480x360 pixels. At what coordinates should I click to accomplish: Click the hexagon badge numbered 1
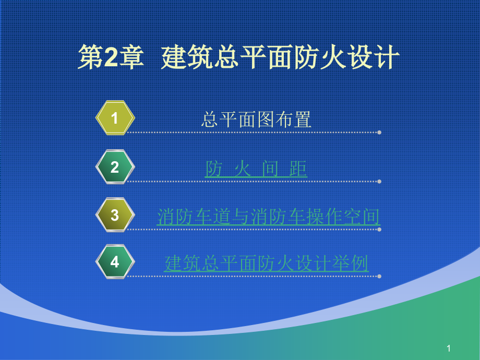point(115,118)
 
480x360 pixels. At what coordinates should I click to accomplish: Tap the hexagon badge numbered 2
point(115,167)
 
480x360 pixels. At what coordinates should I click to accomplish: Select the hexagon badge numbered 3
point(115,215)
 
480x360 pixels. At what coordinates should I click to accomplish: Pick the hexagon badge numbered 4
point(115,261)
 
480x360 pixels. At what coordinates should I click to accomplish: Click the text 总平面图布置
point(256,120)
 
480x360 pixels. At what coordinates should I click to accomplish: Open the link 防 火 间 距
point(256,169)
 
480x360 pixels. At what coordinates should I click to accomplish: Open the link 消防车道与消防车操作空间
point(268,217)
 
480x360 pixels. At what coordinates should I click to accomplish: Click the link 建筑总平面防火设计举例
point(266,263)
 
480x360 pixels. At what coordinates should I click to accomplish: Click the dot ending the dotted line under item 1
point(379,133)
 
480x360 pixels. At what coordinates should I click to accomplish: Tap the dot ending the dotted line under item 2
point(379,181)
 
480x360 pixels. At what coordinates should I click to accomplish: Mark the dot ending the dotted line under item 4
point(379,276)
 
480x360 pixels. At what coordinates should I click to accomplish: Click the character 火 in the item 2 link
point(243,169)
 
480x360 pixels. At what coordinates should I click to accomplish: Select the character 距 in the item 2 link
point(298,169)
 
